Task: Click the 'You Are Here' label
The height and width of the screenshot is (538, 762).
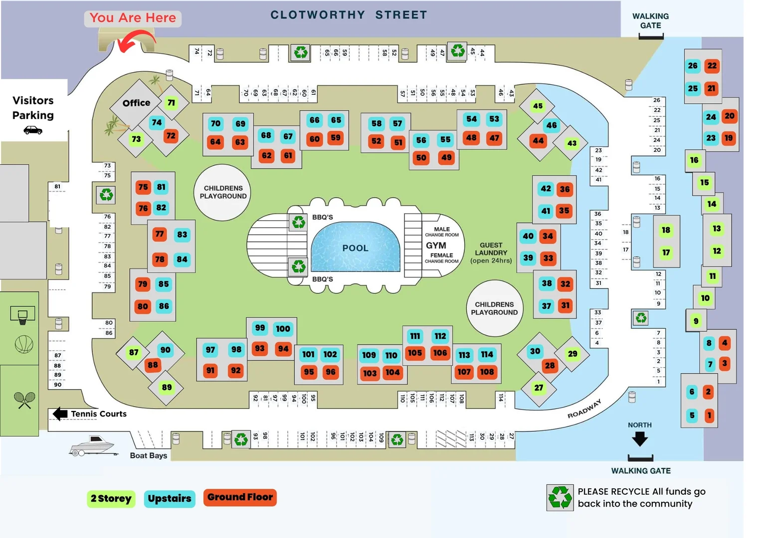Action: [133, 18]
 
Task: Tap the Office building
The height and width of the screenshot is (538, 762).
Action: [136, 103]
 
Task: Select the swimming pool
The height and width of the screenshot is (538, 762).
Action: [355, 248]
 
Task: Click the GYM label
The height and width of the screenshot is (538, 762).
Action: [436, 246]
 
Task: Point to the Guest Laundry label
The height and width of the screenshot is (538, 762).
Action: [491, 253]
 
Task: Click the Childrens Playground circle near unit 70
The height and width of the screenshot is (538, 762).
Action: [223, 192]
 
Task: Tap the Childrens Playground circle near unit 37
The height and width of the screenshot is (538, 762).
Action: [494, 308]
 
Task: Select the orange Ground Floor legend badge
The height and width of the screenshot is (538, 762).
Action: [240, 497]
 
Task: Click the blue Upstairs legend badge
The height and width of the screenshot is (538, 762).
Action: [170, 499]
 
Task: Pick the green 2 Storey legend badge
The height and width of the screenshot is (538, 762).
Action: [111, 499]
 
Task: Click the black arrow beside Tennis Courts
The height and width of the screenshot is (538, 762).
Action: [60, 413]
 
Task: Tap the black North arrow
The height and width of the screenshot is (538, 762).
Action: [640, 439]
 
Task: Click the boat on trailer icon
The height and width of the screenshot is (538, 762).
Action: [93, 445]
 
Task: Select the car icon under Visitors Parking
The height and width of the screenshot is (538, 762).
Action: [33, 130]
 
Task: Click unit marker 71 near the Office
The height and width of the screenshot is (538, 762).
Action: [171, 103]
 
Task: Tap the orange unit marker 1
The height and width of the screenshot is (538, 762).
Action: [709, 415]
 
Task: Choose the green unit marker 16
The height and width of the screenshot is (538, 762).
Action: [694, 160]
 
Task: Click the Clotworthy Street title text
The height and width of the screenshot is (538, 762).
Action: [349, 15]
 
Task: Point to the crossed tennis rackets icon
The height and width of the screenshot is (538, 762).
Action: [24, 400]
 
